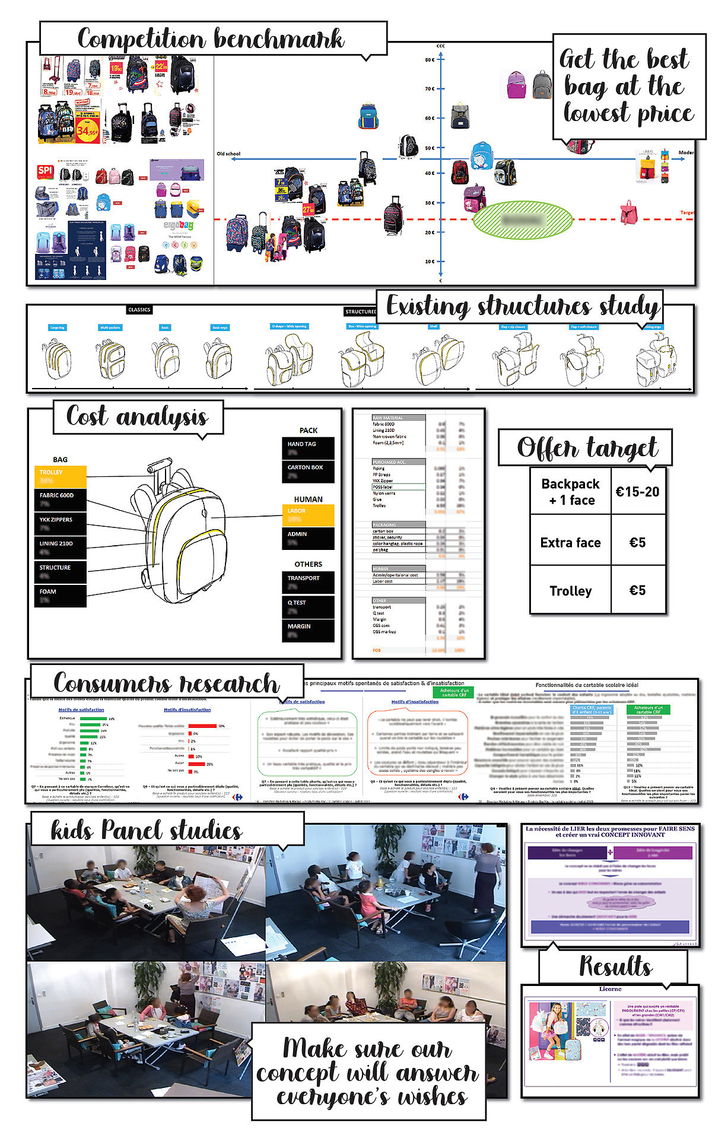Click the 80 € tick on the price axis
click(430, 59)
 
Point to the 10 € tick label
click(430, 262)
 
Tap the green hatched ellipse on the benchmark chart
click(523, 220)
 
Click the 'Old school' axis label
click(228, 154)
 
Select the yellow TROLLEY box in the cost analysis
click(61, 476)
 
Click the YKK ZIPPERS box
click(61, 523)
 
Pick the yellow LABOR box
click(308, 515)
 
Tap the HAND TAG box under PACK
click(308, 448)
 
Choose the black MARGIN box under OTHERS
click(308, 630)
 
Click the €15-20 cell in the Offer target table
click(637, 492)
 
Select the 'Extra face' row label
click(570, 543)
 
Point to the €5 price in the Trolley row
click(637, 590)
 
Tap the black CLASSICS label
click(139, 310)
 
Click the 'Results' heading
click(615, 966)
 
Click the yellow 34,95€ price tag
click(87, 131)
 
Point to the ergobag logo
click(179, 226)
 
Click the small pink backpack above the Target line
click(627, 212)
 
